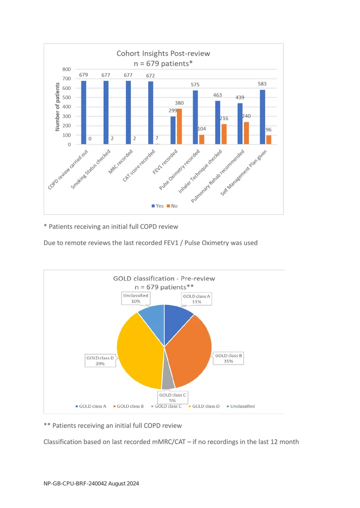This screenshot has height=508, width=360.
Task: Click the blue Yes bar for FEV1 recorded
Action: click(x=173, y=130)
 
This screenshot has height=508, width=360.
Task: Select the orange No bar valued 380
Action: click(x=179, y=126)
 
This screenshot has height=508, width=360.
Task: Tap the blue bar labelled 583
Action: click(x=262, y=117)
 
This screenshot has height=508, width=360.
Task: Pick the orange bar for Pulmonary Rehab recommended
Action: click(x=246, y=133)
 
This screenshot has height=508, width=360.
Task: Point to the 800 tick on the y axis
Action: click(x=67, y=69)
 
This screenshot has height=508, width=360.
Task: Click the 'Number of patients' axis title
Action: click(x=58, y=107)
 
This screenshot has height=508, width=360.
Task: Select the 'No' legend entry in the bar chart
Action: click(x=172, y=206)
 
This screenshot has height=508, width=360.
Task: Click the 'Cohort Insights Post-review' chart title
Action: click(x=163, y=53)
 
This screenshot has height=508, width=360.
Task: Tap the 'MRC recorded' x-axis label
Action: click(x=121, y=162)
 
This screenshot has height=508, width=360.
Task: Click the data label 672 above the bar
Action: click(x=150, y=76)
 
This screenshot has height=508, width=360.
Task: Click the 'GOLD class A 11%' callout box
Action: click(x=197, y=299)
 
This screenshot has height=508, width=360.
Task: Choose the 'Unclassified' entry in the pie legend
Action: click(x=241, y=406)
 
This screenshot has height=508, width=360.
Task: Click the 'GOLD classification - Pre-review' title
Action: click(x=164, y=279)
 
